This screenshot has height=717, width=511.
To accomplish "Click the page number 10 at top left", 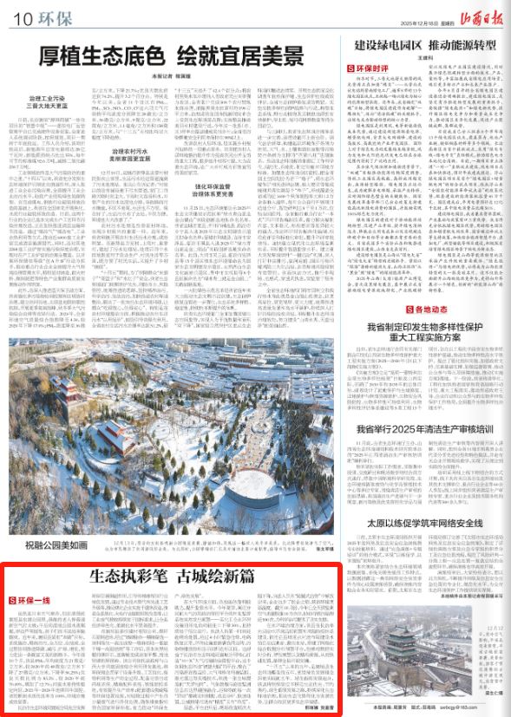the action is tap(21, 16).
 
